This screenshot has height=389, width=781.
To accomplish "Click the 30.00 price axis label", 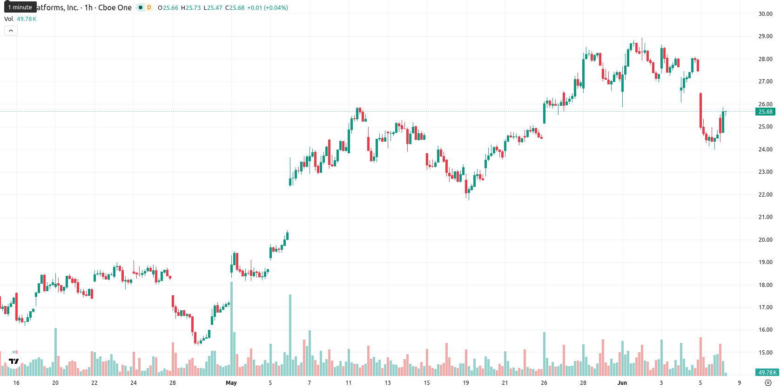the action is coord(765,14).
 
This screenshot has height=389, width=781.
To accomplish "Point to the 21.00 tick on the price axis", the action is coord(765,217).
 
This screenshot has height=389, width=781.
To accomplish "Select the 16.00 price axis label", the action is coord(765,330).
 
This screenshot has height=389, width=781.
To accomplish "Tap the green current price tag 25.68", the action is coord(765,112).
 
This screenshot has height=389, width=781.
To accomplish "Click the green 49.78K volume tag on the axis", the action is coord(767,373).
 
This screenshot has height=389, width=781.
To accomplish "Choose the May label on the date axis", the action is coord(231,383).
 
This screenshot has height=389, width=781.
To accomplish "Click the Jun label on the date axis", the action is coord(622,383).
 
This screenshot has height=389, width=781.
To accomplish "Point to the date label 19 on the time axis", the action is coord(466,383).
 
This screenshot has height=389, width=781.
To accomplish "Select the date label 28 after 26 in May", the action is coord(583,383).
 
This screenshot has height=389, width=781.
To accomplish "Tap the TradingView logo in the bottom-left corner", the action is coord(14,361).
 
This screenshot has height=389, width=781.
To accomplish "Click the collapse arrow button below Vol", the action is coord(11,31).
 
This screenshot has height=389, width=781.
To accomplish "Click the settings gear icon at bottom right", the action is coord(768,383).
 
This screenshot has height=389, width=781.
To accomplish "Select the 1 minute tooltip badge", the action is coord(20,7).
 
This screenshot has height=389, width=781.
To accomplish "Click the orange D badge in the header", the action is coord(149,7).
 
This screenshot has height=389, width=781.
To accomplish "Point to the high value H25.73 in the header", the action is coord(191,7).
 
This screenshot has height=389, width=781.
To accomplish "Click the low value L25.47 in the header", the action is coord(213,7).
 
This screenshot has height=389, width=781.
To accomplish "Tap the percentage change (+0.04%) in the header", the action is coord(276,7).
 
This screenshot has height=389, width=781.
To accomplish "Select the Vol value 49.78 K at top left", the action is coord(27,19).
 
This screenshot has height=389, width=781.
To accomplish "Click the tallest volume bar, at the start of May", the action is coord(231,328).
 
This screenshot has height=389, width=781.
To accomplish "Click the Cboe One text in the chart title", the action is coord(114,7).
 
